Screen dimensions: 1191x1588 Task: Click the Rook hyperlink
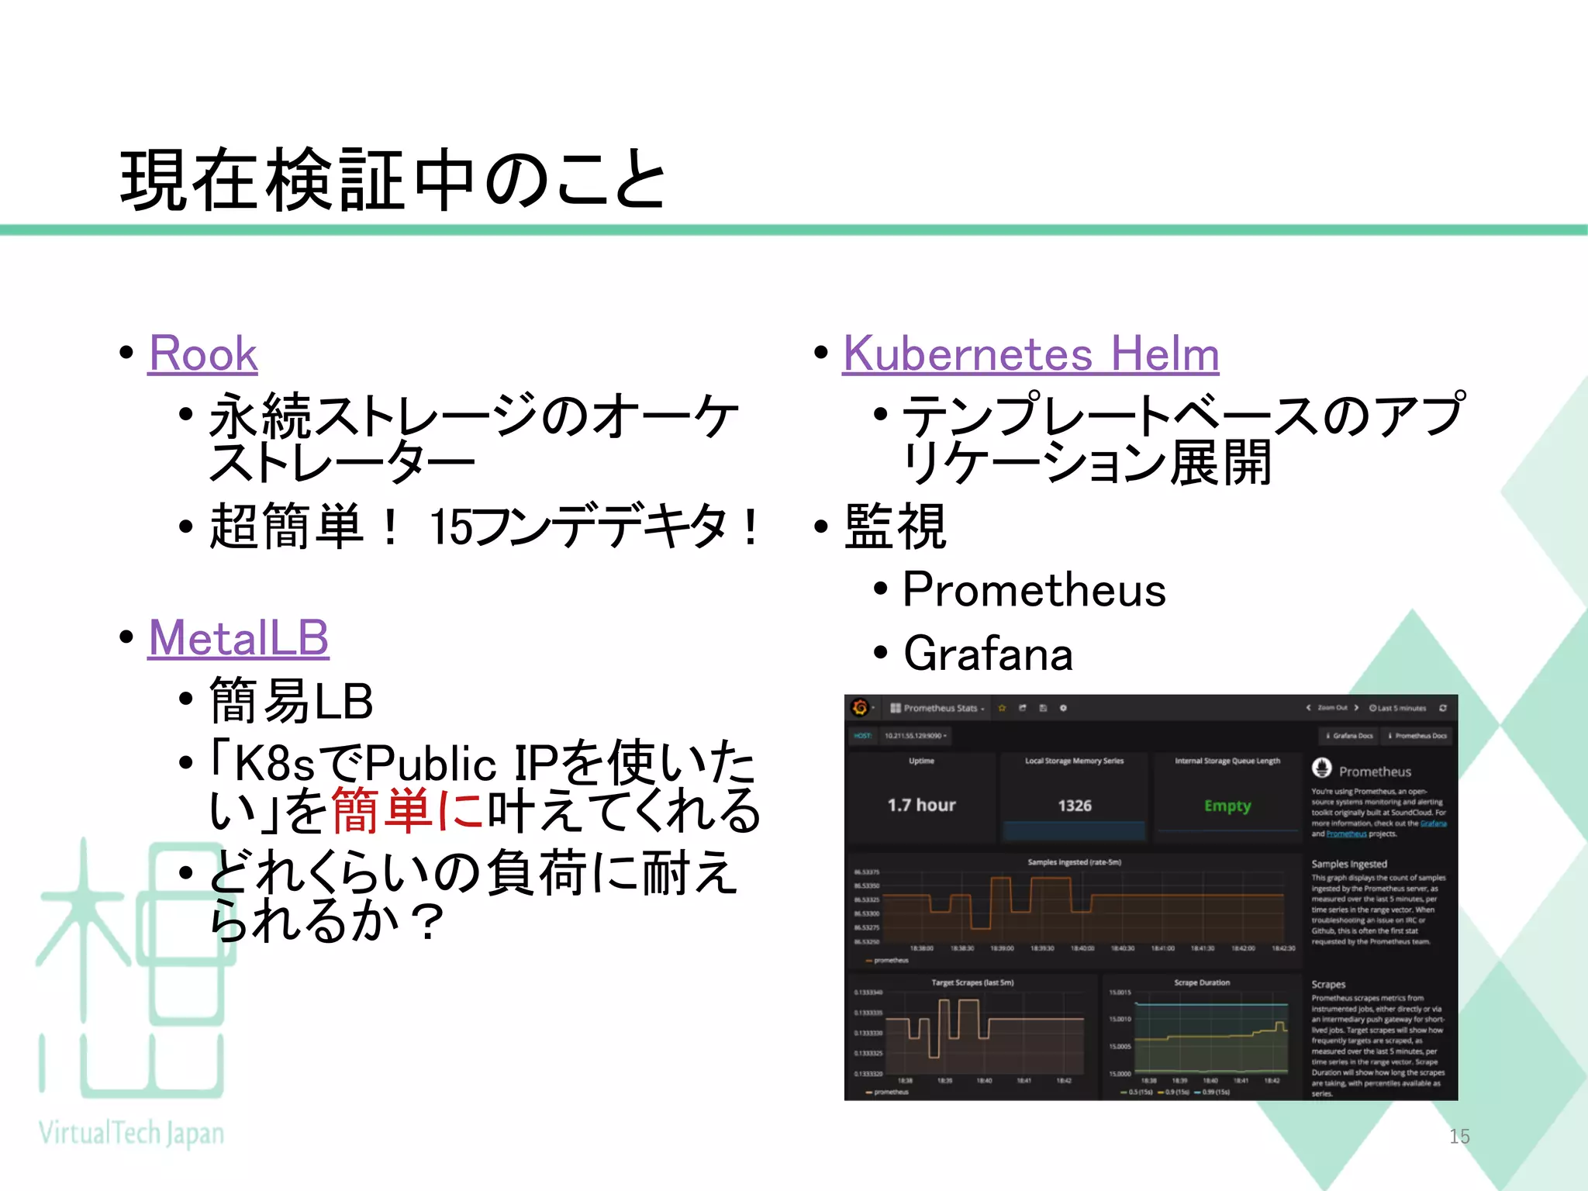202,354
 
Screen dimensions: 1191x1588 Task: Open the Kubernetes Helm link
1030,354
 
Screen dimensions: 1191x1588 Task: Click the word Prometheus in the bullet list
1034,590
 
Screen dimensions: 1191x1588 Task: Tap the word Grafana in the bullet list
988,654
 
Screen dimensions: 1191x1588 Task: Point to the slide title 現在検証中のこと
393,180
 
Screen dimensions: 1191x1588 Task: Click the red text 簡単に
409,811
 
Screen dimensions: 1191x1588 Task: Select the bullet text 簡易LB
292,701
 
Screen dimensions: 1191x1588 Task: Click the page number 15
1459,1136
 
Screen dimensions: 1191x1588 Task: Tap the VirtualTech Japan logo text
131,1134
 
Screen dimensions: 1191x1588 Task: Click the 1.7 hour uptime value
921,805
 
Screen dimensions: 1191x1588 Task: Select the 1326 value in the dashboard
1074,806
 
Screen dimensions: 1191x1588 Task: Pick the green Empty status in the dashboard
1227,806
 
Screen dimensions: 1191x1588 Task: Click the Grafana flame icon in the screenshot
859,707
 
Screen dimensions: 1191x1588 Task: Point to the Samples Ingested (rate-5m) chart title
1074,862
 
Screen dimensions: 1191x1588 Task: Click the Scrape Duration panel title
1201,982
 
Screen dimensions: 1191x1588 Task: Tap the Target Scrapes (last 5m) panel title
972,982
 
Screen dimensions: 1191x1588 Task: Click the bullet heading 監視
895,526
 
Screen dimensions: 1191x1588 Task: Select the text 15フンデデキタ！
595,526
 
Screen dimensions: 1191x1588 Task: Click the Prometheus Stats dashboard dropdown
937,708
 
